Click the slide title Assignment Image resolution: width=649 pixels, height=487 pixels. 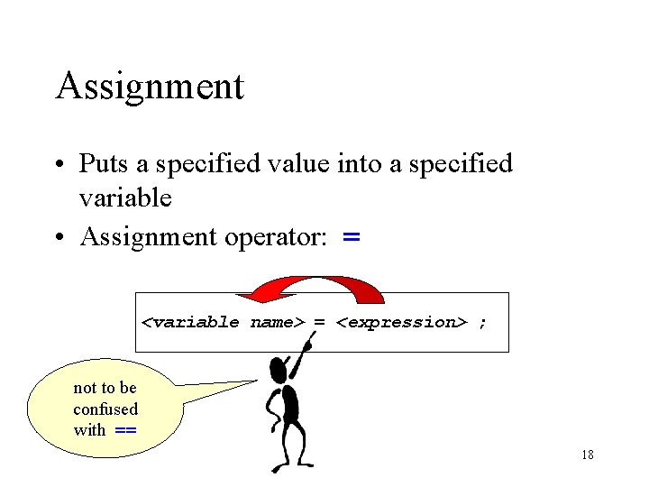point(149,87)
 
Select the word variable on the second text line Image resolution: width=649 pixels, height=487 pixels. point(125,198)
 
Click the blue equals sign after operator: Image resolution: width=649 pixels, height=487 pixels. point(352,238)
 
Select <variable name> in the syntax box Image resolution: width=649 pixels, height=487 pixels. point(225,322)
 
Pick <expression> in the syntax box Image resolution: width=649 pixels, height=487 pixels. point(401,322)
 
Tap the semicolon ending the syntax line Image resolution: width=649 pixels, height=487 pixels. point(483,322)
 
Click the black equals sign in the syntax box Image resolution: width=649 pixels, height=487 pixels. point(320,322)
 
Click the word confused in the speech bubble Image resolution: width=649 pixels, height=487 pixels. point(105,409)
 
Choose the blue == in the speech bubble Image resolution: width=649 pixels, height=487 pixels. point(126,430)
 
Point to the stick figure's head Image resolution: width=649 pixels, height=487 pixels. point(279,367)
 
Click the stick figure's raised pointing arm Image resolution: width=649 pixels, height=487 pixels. point(302,356)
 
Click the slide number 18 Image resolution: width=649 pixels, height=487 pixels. point(587,455)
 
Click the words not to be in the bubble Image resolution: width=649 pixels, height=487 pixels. point(105,388)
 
